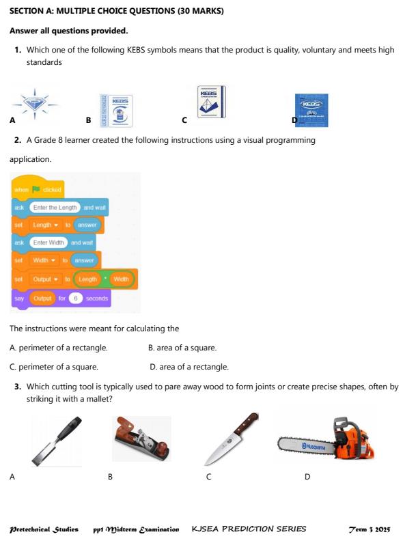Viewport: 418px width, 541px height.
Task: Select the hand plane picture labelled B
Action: [143, 440]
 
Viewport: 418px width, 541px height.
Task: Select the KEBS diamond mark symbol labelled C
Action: [211, 102]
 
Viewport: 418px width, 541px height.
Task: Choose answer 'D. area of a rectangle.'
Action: [189, 367]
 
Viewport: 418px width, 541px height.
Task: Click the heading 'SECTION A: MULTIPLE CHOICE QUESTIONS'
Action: [116, 12]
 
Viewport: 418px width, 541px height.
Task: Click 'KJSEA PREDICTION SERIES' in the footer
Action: [249, 529]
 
